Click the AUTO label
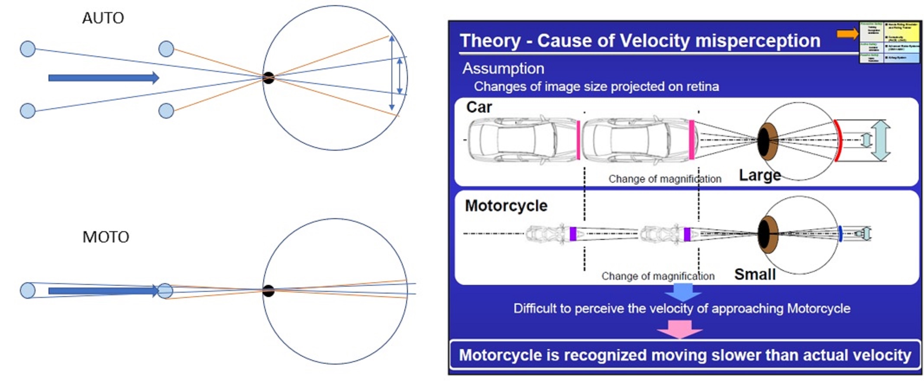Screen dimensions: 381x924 [103, 18]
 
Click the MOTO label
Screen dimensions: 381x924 [106, 237]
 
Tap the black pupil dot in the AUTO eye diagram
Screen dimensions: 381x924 [268, 78]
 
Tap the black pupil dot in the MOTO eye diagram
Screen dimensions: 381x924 [268, 291]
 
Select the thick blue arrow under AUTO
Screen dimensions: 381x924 [103, 78]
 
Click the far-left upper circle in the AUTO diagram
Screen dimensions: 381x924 [28, 49]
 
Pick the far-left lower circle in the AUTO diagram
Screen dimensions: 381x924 [28, 111]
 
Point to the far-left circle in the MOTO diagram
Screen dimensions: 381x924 [28, 291]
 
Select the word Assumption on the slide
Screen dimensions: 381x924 [503, 68]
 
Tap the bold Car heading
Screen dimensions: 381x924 [479, 107]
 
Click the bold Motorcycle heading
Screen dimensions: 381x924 [506, 206]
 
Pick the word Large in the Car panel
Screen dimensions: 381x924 [760, 175]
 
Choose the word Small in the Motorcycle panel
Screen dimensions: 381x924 [755, 274]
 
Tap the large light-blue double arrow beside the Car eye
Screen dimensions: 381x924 [880, 141]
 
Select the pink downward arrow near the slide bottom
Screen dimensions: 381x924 [680, 329]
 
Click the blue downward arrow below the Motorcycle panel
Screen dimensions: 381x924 [682, 292]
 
